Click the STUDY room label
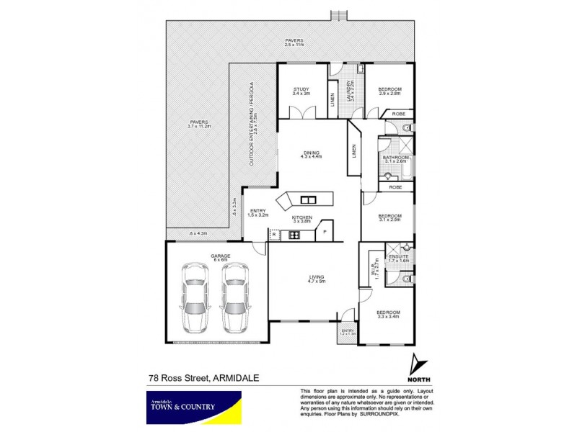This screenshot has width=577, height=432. pyautogui.click(x=301, y=91)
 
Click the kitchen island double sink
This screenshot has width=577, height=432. pyautogui.click(x=309, y=199)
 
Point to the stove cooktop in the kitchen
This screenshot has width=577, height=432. pyautogui.click(x=294, y=234)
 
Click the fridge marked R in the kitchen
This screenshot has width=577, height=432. pyautogui.click(x=274, y=234)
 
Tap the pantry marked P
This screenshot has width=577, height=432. pyautogui.click(x=324, y=232)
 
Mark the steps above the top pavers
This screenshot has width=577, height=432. pyautogui.click(x=338, y=16)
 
